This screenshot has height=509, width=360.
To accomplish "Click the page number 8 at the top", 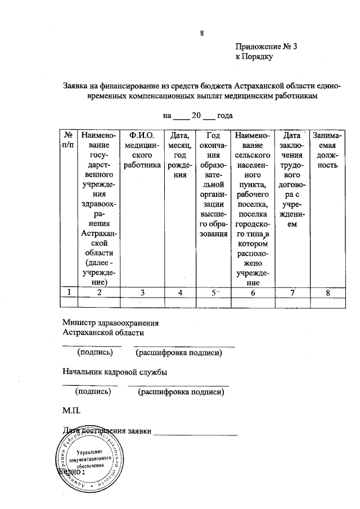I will pyautogui.click(x=201, y=33).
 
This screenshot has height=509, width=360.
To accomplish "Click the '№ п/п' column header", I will pyautogui.click(x=68, y=140).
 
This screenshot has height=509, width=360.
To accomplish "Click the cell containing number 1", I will pyautogui.click(x=68, y=292).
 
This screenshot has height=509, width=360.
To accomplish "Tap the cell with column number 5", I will pyautogui.click(x=212, y=292).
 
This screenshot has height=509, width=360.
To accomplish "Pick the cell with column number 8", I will pyautogui.click(x=326, y=292).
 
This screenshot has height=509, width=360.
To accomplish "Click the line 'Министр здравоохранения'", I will pyautogui.click(x=110, y=323).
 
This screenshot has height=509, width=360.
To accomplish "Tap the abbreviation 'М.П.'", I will pyautogui.click(x=71, y=412).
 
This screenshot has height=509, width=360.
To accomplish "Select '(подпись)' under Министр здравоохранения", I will pyautogui.click(x=95, y=353).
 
